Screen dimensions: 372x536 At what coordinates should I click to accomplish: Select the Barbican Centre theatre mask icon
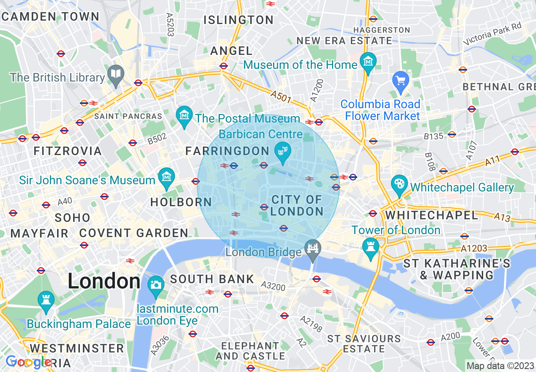pyautogui.click(x=282, y=150)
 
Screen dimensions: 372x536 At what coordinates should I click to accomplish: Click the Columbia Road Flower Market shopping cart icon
pyautogui.click(x=400, y=79)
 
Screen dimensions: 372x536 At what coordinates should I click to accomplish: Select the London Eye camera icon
pyautogui.click(x=156, y=284)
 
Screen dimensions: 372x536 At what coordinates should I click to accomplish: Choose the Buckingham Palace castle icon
pyautogui.click(x=46, y=300)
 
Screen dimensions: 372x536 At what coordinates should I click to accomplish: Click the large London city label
pyautogui.click(x=104, y=281)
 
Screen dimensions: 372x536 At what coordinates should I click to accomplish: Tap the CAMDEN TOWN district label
pyautogui.click(x=50, y=17)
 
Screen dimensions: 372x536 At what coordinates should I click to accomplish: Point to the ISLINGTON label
pyautogui.click(x=238, y=20)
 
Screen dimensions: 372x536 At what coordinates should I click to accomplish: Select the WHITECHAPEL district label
pyautogui.click(x=432, y=215)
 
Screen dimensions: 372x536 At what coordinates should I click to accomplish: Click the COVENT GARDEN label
pyautogui.click(x=134, y=233)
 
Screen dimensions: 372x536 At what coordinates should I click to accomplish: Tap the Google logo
pyautogui.click(x=29, y=362)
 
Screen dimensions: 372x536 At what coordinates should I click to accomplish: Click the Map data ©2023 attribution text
pyautogui.click(x=500, y=366)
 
